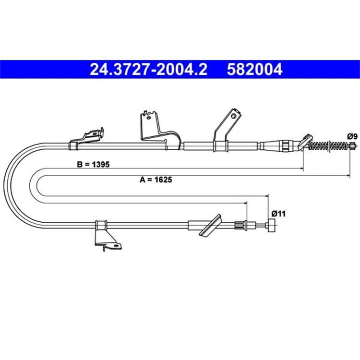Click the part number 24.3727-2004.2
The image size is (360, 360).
148,69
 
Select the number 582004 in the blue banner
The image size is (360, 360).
254,69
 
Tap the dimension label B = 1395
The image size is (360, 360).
93,164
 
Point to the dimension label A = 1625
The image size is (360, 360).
156,180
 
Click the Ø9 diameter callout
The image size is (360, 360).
352,136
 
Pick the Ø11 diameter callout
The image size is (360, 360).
278,214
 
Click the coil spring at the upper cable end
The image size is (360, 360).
328,145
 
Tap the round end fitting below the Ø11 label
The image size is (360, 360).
271,226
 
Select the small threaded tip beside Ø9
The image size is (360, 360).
353,145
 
